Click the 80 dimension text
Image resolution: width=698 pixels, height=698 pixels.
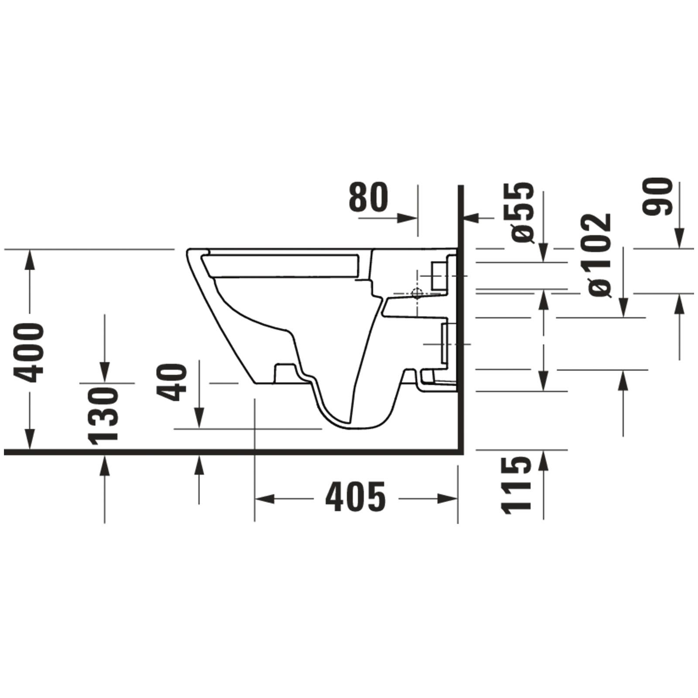pyautogui.click(x=368, y=197)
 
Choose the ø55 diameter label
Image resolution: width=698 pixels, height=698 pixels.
pyautogui.click(x=522, y=212)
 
